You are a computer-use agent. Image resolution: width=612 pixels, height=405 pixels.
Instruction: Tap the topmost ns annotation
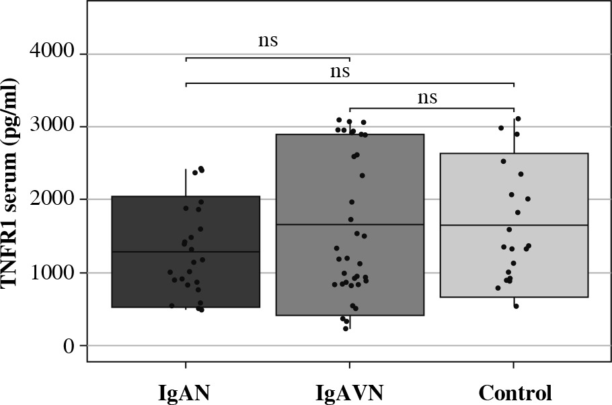(x=268, y=41)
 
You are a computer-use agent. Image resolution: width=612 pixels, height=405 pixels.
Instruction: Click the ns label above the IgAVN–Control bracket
(x=427, y=98)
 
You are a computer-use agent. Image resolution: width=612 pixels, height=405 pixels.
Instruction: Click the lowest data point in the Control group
(x=516, y=306)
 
